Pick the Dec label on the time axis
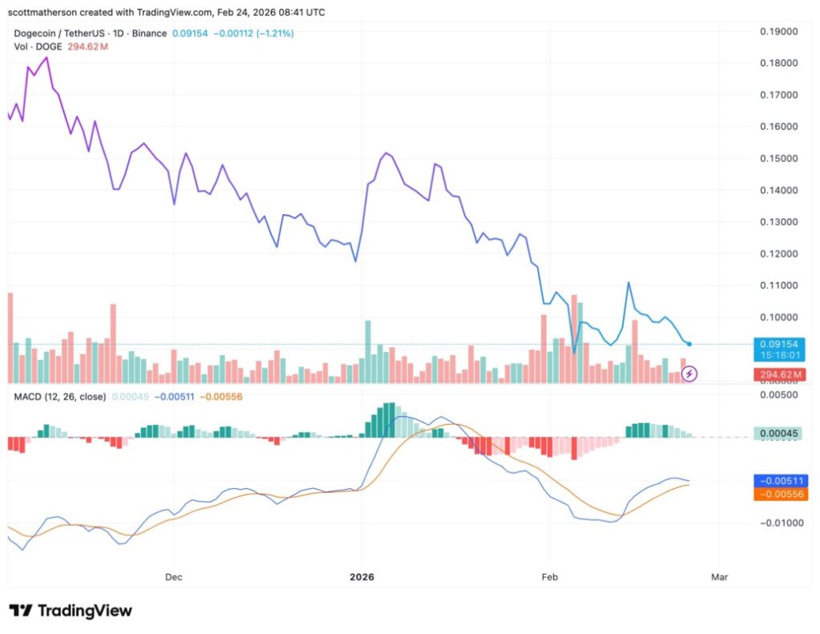coord(173,576)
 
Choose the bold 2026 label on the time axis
coord(361,576)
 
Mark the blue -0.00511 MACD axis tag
coord(781,481)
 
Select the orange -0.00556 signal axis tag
coord(781,495)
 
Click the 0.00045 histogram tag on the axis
coord(781,434)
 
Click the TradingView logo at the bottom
coord(70,611)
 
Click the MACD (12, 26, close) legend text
coord(60,396)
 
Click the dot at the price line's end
coord(689,344)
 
